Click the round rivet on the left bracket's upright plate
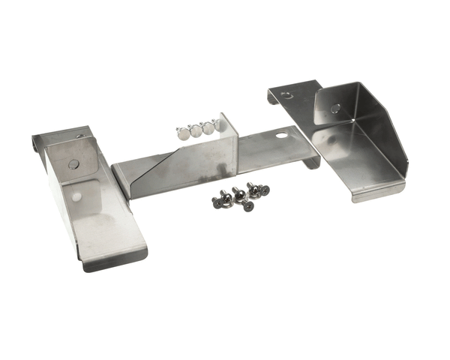pos(73,164)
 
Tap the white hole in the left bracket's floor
pos(76,197)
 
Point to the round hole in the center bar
pos(280,136)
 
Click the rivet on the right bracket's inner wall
pos(335,108)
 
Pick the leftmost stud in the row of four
pos(182,133)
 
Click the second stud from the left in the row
pos(196,130)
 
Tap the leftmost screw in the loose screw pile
pos(217,202)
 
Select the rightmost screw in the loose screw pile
pos(263,190)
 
